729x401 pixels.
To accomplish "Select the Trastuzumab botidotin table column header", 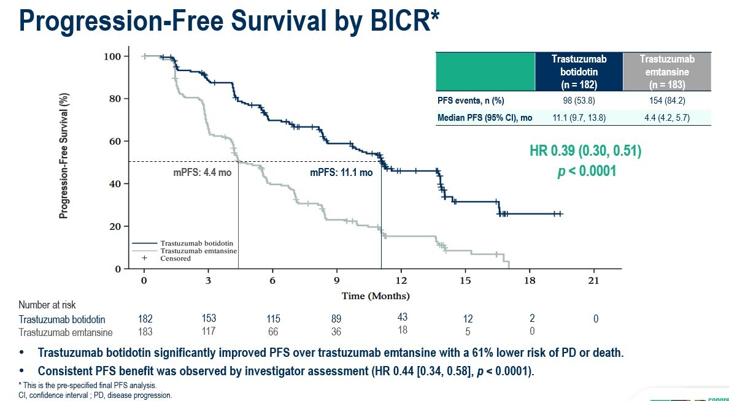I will click(x=579, y=72).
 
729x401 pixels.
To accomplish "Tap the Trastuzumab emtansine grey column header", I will click(x=666, y=72).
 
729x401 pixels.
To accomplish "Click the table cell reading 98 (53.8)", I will click(x=579, y=101).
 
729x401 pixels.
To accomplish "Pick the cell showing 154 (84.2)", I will click(x=666, y=101).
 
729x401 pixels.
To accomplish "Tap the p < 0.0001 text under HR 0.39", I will click(x=586, y=171).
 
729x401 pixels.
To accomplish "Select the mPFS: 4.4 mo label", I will click(x=202, y=172).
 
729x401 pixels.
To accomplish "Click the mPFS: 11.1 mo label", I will click(x=341, y=172).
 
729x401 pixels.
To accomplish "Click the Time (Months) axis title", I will click(x=376, y=296).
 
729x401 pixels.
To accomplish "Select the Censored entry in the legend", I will click(x=175, y=258).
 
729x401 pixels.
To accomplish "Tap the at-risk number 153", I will click(x=209, y=318).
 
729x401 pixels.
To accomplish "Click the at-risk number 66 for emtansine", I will click(x=273, y=332).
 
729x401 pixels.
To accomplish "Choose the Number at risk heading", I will click(x=47, y=305).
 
